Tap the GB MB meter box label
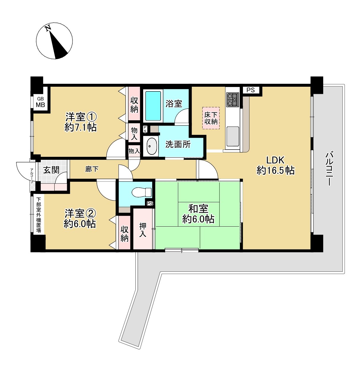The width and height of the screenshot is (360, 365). [40, 102]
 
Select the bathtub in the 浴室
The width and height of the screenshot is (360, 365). [153, 106]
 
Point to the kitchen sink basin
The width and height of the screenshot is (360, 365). [233, 136]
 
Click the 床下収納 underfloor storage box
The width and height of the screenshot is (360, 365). [211, 118]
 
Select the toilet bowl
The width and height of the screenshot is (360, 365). [142, 192]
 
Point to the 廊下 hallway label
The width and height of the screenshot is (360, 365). [92, 169]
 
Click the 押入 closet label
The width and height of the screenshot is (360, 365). [143, 230]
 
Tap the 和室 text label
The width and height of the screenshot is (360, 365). [198, 208]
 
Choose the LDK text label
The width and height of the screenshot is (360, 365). [275, 160]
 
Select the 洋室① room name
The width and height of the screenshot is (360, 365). [81, 117]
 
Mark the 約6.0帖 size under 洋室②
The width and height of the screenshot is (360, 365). [80, 224]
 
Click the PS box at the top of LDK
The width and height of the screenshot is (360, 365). [251, 90]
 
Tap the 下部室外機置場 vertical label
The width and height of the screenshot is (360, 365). [39, 215]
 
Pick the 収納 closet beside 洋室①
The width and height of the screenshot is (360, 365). [134, 104]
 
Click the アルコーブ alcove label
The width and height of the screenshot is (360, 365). [32, 176]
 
